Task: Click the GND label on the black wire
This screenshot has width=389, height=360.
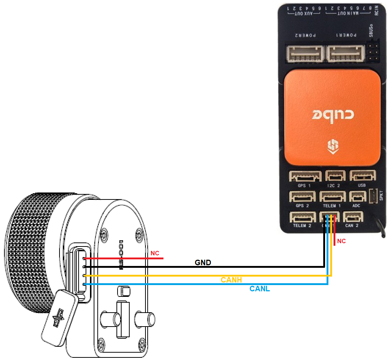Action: [x=203, y=263]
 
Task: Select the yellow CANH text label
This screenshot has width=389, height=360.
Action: [x=231, y=280]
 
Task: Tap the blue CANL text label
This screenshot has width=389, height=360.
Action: [x=260, y=289]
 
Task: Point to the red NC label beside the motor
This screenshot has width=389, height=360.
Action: [x=155, y=253]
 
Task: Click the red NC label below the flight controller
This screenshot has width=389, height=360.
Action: [x=341, y=241]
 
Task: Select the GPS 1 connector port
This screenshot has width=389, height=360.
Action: [x=305, y=177]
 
